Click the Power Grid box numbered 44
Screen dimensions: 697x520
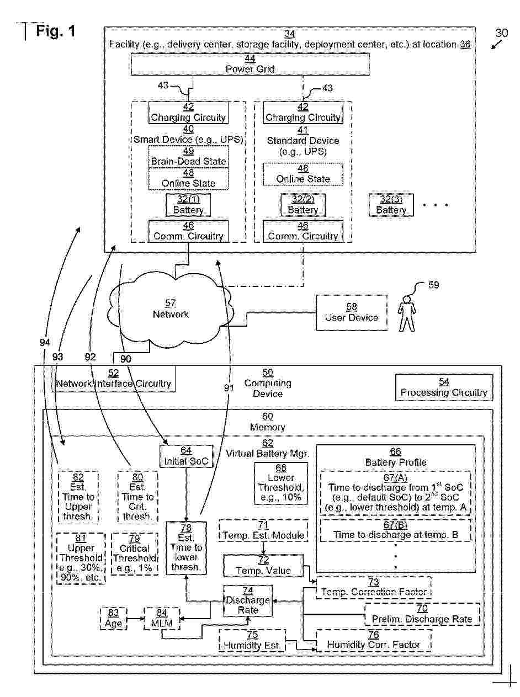coord(250,65)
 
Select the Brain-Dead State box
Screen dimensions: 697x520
coord(188,156)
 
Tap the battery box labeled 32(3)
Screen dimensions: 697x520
coord(391,205)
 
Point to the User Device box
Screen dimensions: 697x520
coord(352,312)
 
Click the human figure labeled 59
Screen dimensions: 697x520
coord(407,313)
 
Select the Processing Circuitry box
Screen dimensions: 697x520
coord(444,387)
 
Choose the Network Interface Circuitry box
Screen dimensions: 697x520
coord(114,379)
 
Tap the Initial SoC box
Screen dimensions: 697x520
coord(187,455)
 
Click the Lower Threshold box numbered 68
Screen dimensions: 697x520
coord(280,482)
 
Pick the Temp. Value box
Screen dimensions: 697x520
coord(263,566)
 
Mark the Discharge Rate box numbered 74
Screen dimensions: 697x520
coord(248,600)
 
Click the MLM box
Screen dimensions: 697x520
coord(162,619)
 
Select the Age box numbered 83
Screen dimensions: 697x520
coord(113,619)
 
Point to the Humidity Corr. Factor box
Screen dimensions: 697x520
coord(373,640)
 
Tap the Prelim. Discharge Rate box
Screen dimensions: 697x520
coord(422,614)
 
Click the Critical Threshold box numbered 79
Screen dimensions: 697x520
coord(135,554)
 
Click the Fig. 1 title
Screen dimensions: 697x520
coord(55,31)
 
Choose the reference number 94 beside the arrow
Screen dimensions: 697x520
coord(45,343)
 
